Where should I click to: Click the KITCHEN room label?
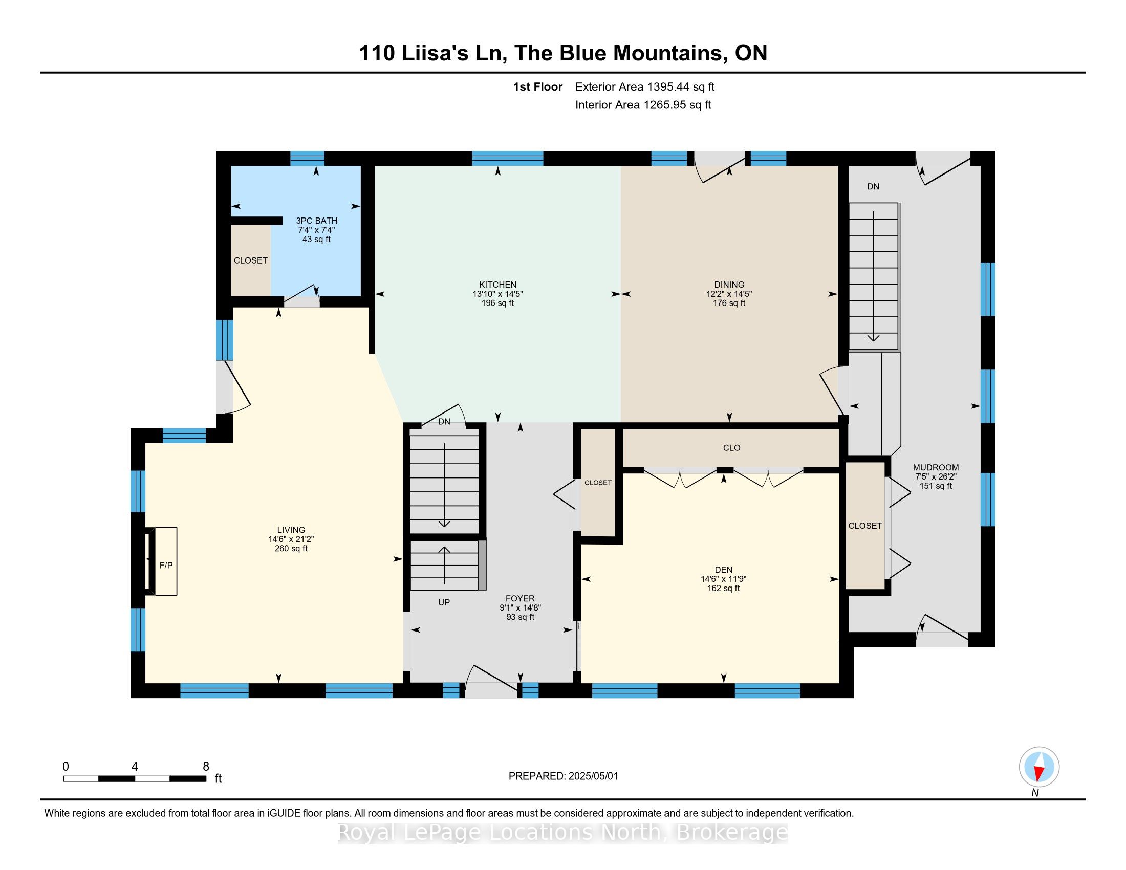point(497,285)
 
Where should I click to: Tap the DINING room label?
point(729,285)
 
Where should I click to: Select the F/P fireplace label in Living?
point(166,565)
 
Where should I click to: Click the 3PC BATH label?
point(316,221)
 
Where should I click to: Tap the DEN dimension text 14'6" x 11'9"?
point(723,579)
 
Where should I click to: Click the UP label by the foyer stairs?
point(444,602)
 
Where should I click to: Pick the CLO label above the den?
point(731,448)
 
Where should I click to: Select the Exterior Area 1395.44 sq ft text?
point(645,86)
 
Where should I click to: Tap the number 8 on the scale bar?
point(206,766)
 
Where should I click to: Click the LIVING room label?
point(291,530)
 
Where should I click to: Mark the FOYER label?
point(519,598)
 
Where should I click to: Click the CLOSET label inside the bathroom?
point(251,260)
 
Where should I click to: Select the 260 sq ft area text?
point(291,549)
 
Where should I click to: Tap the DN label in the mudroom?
point(873,187)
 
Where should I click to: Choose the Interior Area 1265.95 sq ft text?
point(643,105)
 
